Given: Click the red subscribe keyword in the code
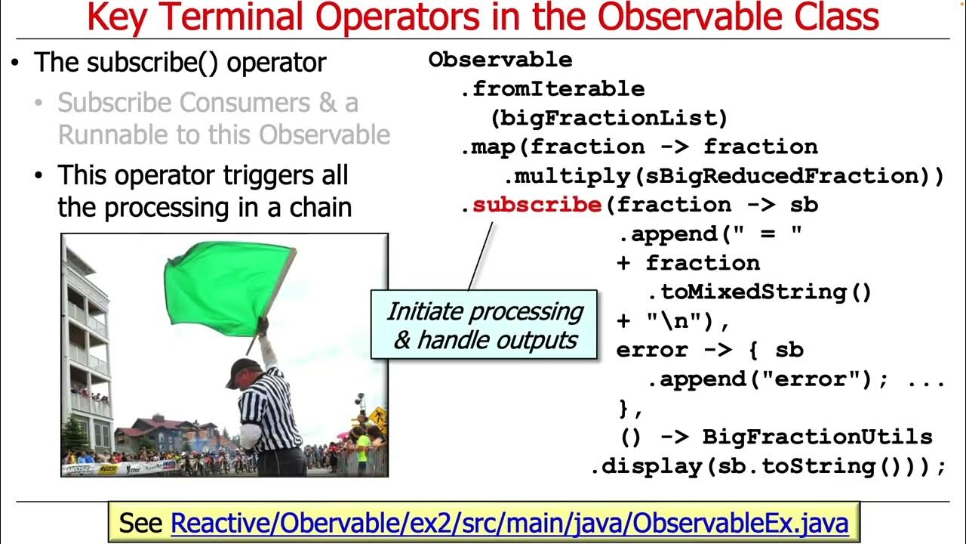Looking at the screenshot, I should coord(537,205).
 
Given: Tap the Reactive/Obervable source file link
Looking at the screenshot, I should coord(509,522).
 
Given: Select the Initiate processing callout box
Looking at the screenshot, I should coord(484,325).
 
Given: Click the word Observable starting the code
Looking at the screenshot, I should coord(500,60).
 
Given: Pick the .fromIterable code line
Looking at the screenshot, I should coord(552,88).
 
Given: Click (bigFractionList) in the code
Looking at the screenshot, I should coord(608,118).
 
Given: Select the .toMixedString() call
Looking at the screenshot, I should coord(758,292).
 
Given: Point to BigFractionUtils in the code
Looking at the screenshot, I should coord(817,437).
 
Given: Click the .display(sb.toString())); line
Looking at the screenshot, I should coord(768,466).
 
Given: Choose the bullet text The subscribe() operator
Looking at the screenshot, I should coord(180,62).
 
